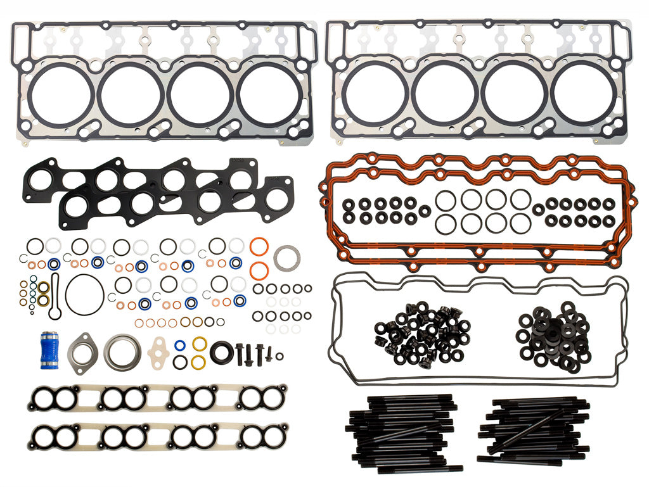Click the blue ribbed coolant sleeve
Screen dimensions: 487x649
(49, 350)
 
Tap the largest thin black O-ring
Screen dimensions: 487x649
(84, 294)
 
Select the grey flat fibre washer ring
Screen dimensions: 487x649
(286, 257)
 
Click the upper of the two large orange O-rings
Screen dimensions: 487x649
(258, 246)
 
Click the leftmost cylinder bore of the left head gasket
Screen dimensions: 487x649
(61, 93)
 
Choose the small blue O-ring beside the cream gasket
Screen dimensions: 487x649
(180, 346)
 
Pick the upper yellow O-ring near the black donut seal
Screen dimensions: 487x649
(199, 344)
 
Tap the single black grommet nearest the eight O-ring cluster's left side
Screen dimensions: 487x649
(425, 212)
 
